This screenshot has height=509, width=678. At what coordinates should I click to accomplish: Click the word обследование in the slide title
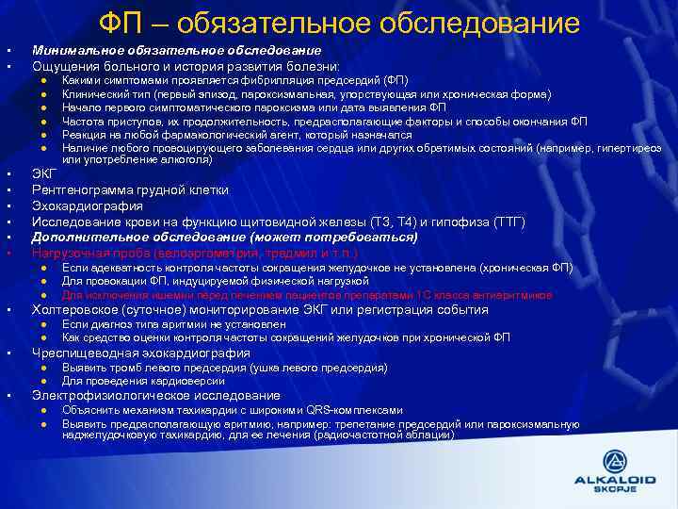pyautogui.click(x=485, y=23)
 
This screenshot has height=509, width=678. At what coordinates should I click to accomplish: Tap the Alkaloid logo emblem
pyautogui.click(x=613, y=462)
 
